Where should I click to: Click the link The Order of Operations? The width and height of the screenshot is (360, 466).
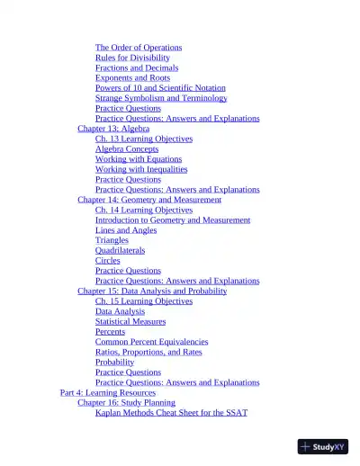(x=139, y=48)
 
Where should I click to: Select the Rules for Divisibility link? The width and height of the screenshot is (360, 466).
(x=132, y=58)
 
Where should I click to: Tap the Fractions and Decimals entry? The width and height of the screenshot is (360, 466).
(x=137, y=67)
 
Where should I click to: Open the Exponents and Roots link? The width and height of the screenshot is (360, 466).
(x=132, y=78)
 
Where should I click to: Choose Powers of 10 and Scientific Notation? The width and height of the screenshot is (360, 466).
(x=160, y=88)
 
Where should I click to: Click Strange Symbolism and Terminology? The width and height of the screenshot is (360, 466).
(x=161, y=98)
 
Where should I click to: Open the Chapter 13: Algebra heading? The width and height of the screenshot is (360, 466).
(x=113, y=129)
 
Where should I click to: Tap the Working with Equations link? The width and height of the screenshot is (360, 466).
(x=139, y=159)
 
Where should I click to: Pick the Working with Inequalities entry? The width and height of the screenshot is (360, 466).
(x=141, y=169)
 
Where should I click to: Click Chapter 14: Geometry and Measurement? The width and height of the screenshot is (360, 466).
(x=149, y=200)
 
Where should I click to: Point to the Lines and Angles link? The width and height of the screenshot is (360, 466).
(x=126, y=230)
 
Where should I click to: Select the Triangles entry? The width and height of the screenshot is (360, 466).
(x=112, y=240)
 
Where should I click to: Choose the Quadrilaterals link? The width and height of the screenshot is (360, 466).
(x=120, y=251)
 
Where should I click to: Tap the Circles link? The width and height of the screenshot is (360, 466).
(x=107, y=261)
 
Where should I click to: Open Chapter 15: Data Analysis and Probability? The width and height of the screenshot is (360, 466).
(x=152, y=291)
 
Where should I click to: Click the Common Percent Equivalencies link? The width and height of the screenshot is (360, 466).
(x=151, y=342)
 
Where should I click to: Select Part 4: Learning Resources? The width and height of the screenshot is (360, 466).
(x=107, y=393)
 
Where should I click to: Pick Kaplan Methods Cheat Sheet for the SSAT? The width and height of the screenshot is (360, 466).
(x=171, y=413)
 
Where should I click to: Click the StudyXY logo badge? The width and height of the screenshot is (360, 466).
(x=322, y=446)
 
